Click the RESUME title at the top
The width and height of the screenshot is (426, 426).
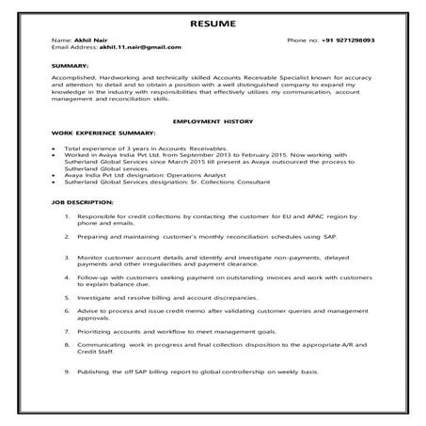pyautogui.click(x=213, y=23)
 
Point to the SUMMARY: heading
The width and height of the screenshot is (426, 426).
pyautogui.click(x=71, y=65)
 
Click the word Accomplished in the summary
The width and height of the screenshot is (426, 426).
pyautogui.click(x=76, y=78)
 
